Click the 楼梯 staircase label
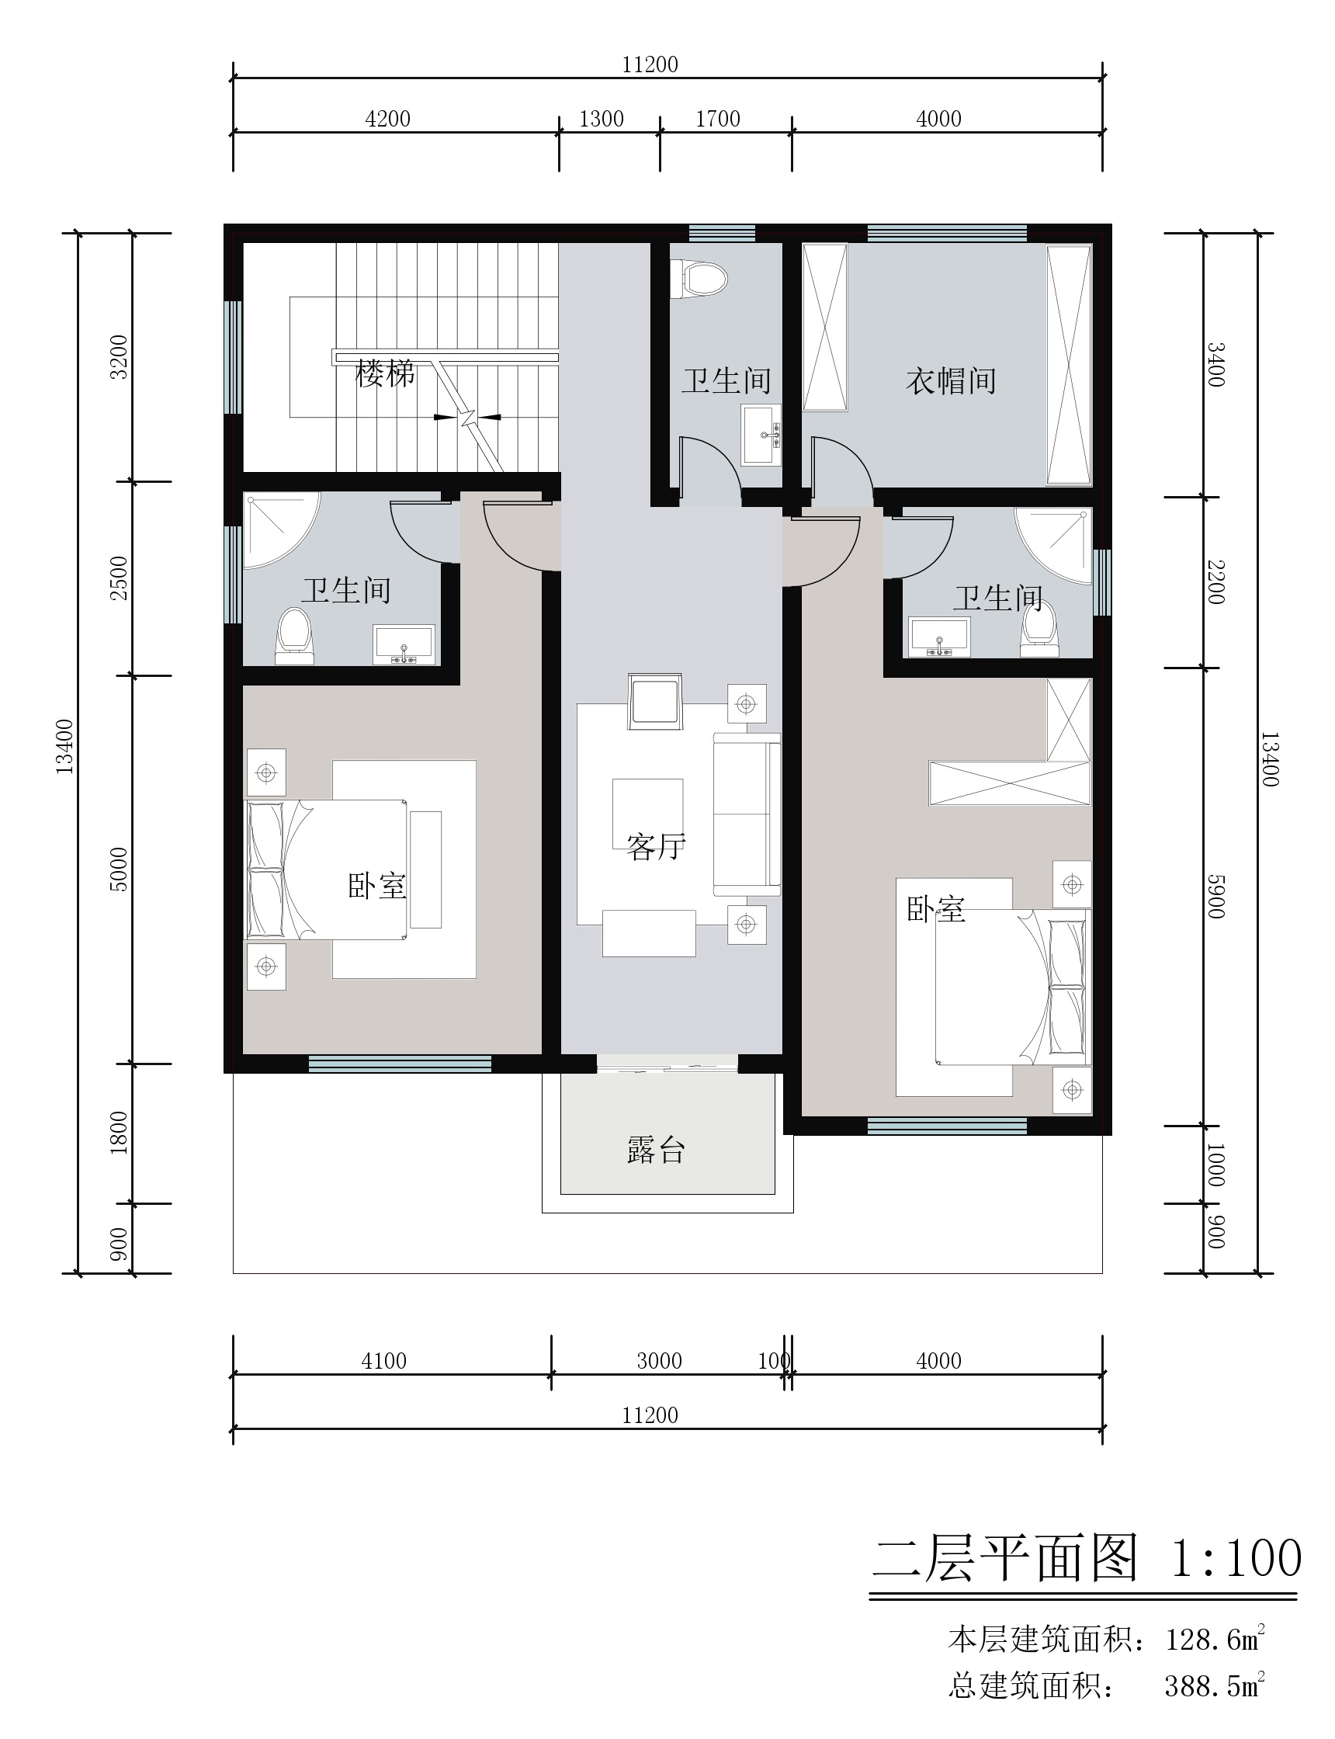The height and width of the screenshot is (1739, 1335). point(385,373)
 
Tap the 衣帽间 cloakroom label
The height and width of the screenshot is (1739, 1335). point(952,380)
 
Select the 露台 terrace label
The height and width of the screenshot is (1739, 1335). point(656,1150)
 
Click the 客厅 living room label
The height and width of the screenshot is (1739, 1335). point(656,847)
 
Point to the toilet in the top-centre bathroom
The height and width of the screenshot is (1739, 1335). point(699,279)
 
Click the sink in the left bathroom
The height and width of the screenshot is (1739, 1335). point(404,644)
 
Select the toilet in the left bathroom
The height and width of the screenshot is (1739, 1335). point(294,636)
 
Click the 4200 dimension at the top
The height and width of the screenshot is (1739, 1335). point(388,120)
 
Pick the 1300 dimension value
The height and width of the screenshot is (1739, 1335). point(602,120)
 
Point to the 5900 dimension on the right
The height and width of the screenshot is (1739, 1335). point(1215,896)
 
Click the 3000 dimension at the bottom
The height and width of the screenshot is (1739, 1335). point(660,1361)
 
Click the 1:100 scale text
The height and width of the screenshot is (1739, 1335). point(1236,1558)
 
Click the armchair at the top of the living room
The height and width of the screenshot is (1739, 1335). point(655,701)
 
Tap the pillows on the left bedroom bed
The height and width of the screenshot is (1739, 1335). point(266,869)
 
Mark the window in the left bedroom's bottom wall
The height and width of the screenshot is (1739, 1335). point(400,1064)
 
